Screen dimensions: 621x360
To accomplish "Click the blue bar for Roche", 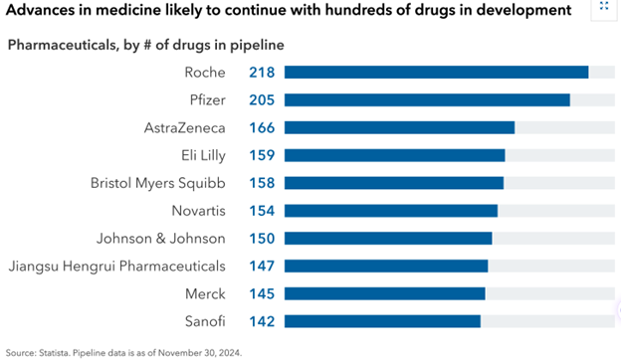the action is click(x=437, y=73).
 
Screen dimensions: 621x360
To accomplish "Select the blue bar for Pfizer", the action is click(x=427, y=100).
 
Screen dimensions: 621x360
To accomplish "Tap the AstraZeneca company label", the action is click(x=184, y=127).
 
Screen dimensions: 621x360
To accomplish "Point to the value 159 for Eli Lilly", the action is click(x=262, y=155).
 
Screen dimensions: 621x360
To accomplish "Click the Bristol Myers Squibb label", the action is click(x=158, y=184).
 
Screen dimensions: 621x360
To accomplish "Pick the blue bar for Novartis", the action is click(x=391, y=211).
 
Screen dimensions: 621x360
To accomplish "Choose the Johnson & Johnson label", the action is click(x=161, y=239).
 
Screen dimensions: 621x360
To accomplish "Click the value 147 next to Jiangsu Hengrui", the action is click(x=262, y=267).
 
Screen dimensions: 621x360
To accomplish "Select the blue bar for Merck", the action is click(x=385, y=294).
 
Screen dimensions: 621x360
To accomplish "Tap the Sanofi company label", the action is click(x=205, y=321).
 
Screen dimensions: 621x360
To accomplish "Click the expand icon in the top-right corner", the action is click(x=604, y=6).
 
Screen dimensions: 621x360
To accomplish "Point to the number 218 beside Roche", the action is click(x=262, y=73).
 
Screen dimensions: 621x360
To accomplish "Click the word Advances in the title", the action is click(x=41, y=10).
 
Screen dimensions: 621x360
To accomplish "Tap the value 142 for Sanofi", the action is click(x=262, y=321).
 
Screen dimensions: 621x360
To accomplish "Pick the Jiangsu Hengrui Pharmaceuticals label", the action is click(x=116, y=267).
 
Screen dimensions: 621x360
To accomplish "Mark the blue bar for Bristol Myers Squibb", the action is click(x=394, y=183).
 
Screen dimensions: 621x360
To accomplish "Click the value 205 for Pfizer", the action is click(x=262, y=100).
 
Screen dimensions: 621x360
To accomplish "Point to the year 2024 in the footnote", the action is click(x=231, y=353).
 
